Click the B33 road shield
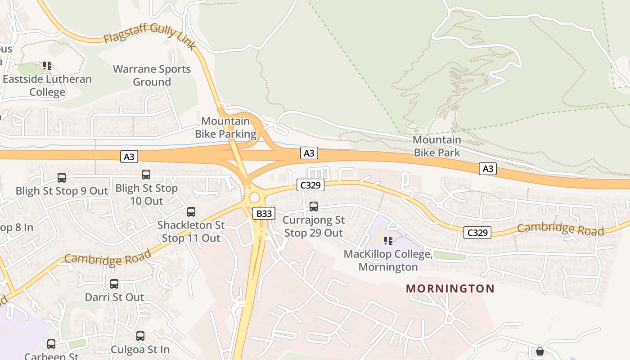(264, 213)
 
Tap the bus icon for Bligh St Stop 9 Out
(62, 178)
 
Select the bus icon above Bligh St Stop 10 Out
(146, 175)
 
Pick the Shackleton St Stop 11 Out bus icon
(191, 212)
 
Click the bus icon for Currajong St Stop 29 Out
(314, 207)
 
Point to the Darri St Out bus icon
(114, 284)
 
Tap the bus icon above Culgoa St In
(140, 336)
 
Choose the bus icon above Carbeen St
(51, 344)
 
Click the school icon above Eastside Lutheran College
(47, 66)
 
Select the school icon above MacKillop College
(388, 241)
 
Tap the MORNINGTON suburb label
(450, 288)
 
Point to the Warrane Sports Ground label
(152, 76)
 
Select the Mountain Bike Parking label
(225, 127)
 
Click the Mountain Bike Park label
(437, 146)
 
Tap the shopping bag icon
(540, 351)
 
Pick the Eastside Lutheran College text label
(47, 85)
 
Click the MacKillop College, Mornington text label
(388, 261)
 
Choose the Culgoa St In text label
(140, 349)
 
